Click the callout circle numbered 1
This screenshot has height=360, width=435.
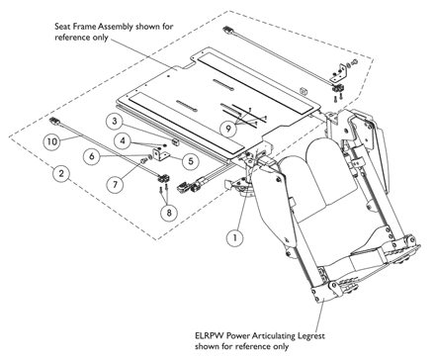point(234,237)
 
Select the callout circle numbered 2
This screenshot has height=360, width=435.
point(61,173)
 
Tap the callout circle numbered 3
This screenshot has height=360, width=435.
point(115,122)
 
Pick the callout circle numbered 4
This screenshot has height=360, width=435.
point(123,140)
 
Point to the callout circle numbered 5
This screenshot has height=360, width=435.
point(191,161)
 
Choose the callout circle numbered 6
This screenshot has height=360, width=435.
point(92,156)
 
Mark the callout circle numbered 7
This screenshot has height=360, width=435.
point(115,184)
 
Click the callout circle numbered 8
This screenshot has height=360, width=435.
point(169,213)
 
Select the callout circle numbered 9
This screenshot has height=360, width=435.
point(228,129)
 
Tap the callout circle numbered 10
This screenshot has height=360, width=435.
point(51,141)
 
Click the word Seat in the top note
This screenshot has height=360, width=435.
point(61,27)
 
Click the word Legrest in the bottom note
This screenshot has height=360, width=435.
point(311,336)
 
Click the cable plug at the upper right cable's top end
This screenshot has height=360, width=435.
point(227,30)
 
